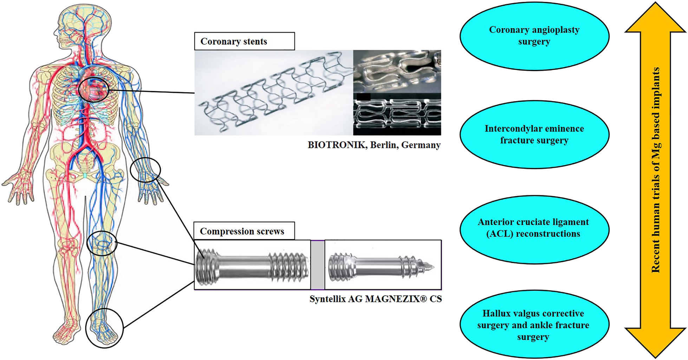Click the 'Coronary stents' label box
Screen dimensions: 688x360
coord(245,41)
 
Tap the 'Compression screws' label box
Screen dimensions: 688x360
coord(244,231)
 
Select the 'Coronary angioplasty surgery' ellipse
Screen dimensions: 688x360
coord(534,36)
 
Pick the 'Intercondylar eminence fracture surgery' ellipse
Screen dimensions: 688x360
coord(534,135)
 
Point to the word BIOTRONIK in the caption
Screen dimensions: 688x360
coord(336,145)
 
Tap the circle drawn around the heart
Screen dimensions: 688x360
coord(79,90)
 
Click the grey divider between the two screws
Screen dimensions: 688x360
coord(318,265)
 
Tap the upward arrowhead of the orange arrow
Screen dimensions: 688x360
coord(655,18)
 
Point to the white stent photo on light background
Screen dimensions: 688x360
coord(274,93)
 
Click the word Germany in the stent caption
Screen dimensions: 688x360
coord(421,145)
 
